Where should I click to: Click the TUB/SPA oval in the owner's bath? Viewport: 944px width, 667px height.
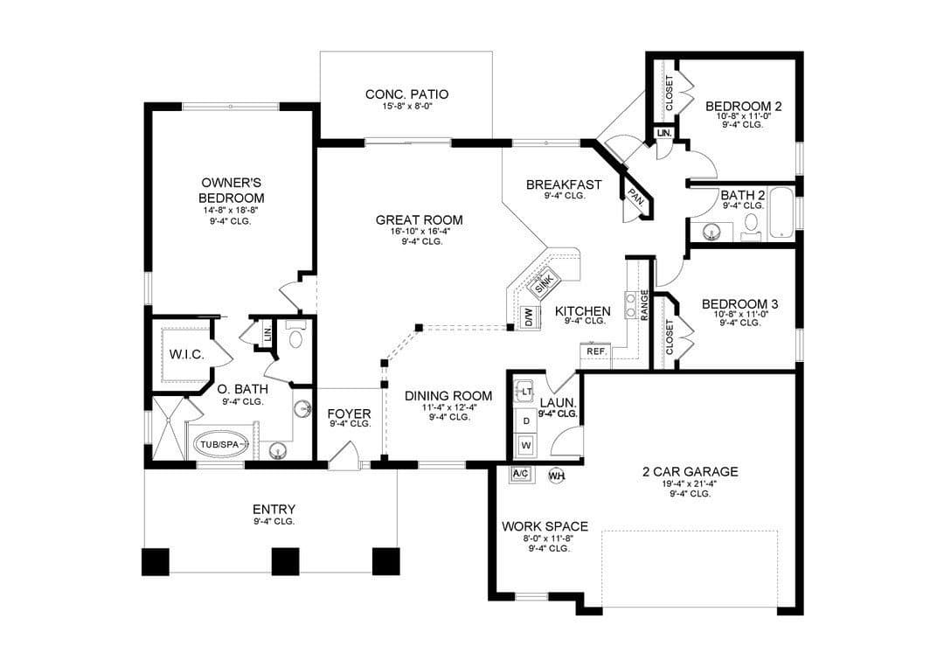point(220,445)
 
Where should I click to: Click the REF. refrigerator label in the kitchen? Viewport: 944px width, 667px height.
point(596,351)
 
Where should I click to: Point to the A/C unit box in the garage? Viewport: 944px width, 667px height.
point(520,474)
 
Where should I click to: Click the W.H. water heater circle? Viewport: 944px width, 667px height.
point(556,475)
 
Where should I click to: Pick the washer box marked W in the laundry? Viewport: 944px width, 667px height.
point(526,446)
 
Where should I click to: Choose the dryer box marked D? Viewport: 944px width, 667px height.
point(526,420)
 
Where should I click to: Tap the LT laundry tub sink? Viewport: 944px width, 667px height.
point(525,392)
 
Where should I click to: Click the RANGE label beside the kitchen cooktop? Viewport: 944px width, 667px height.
point(644,304)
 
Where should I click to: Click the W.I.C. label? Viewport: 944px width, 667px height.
point(187,355)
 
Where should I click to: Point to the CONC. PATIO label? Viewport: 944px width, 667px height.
point(407,94)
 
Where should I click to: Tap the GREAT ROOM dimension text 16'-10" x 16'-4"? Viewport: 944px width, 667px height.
point(420,231)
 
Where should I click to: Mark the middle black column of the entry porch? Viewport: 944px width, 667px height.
point(285,561)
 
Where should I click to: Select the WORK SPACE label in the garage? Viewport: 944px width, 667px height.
point(545,526)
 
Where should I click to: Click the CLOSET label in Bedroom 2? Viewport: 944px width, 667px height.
point(669,93)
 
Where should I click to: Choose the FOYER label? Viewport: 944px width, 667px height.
point(349,414)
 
